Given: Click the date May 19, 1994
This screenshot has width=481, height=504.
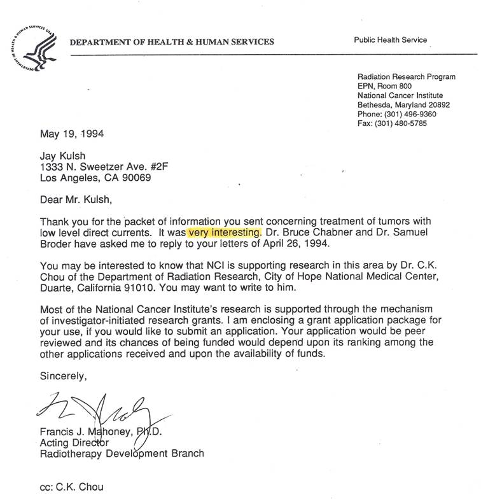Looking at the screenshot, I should tap(72, 134).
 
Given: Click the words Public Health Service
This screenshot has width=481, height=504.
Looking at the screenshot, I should tap(391, 40).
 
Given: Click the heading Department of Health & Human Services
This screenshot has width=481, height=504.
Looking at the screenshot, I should tap(172, 43).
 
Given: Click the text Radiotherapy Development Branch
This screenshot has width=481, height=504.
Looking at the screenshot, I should tap(122, 454).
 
